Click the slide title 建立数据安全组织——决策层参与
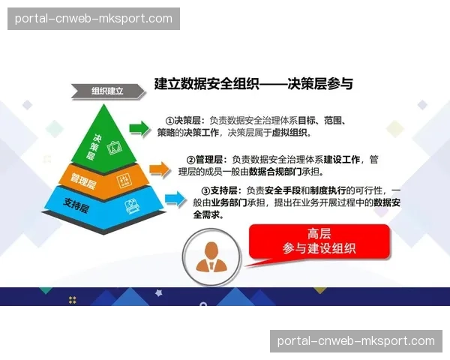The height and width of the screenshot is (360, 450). (253, 84)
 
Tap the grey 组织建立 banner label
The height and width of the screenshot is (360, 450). (106, 91)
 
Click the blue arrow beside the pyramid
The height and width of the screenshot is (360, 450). (175, 198)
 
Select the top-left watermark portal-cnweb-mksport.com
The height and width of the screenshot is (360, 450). (93, 18)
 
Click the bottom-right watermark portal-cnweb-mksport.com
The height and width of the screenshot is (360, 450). (355, 340)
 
